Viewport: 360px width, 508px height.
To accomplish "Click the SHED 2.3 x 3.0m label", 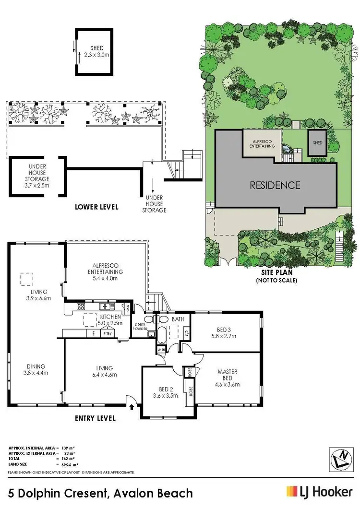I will [x=97, y=52].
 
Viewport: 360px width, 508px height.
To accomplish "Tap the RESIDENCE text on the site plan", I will [x=274, y=185].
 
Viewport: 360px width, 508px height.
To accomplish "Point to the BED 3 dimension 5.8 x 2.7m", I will [x=227, y=336].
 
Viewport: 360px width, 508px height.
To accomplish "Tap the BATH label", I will [x=177, y=318].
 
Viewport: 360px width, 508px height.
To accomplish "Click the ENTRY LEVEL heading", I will [x=96, y=418].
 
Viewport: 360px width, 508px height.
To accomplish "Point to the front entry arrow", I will [x=132, y=407].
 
